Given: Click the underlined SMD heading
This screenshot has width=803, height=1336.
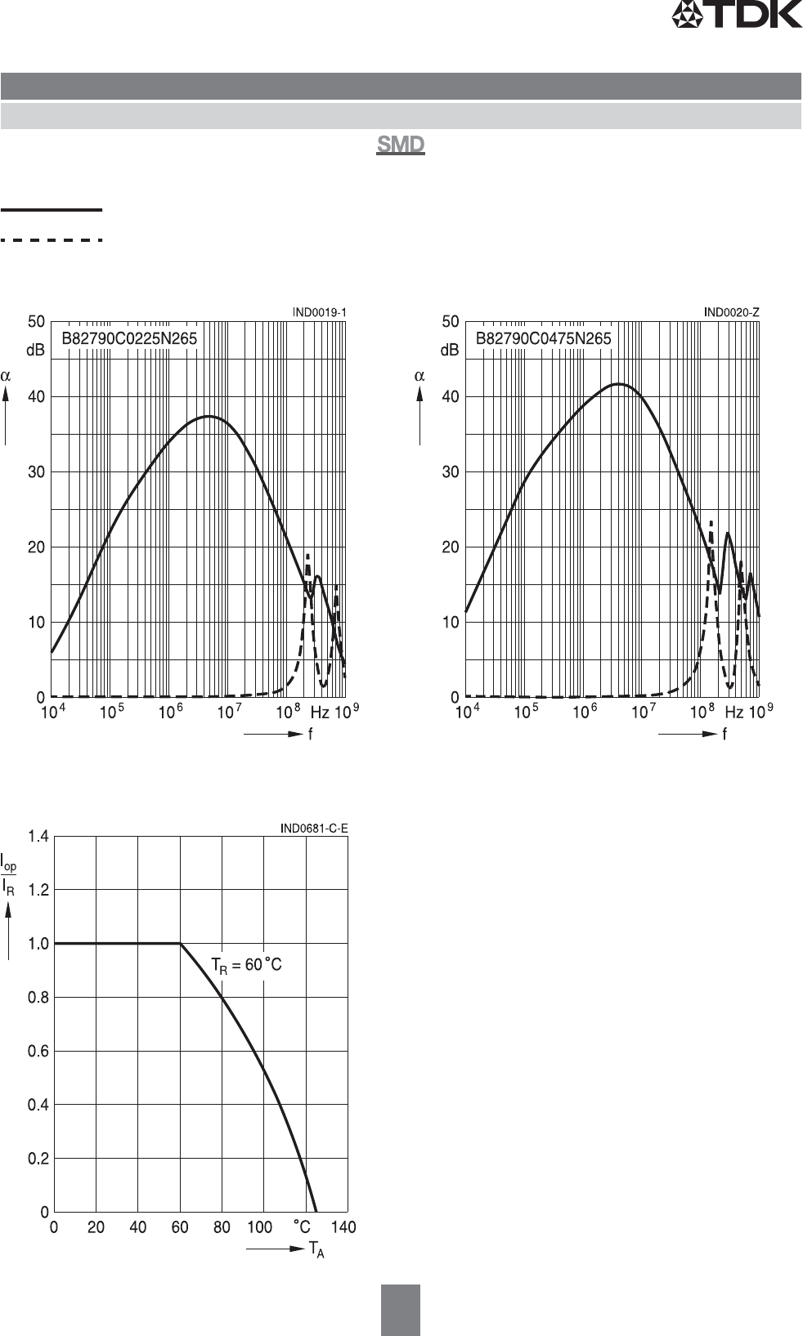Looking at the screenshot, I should pyautogui.click(x=400, y=145).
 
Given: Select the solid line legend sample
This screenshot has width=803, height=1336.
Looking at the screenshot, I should pyautogui.click(x=52, y=210).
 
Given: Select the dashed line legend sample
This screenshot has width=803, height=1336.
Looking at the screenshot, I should pyautogui.click(x=52, y=240).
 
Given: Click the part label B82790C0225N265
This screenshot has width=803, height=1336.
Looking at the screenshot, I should pyautogui.click(x=130, y=338).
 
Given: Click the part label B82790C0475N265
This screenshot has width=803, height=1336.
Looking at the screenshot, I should pyautogui.click(x=544, y=338).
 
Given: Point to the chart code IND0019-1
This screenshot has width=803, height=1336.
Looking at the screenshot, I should pyautogui.click(x=320, y=312).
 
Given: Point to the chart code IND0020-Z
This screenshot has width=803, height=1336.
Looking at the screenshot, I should pyautogui.click(x=732, y=312).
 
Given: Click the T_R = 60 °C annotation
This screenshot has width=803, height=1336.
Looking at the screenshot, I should pyautogui.click(x=246, y=966).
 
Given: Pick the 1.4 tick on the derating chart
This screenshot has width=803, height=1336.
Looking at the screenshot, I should pyautogui.click(x=38, y=836).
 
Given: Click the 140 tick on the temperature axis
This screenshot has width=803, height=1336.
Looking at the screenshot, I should pyautogui.click(x=343, y=1227).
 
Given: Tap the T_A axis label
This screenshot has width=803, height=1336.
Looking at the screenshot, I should pyautogui.click(x=316, y=1249).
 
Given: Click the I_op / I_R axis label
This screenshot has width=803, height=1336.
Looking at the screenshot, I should pyautogui.click(x=8, y=875).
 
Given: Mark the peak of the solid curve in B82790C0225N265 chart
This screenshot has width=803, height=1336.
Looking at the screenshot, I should pyautogui.click(x=209, y=416).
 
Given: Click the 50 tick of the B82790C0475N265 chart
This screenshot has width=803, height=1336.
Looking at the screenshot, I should pyautogui.click(x=451, y=322).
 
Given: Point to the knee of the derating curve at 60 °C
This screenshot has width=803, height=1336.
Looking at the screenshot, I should pyautogui.click(x=181, y=944).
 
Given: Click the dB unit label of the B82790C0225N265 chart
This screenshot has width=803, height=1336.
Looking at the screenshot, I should pyautogui.click(x=36, y=350).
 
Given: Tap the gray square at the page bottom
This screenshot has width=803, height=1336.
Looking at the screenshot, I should pyautogui.click(x=400, y=1309).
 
